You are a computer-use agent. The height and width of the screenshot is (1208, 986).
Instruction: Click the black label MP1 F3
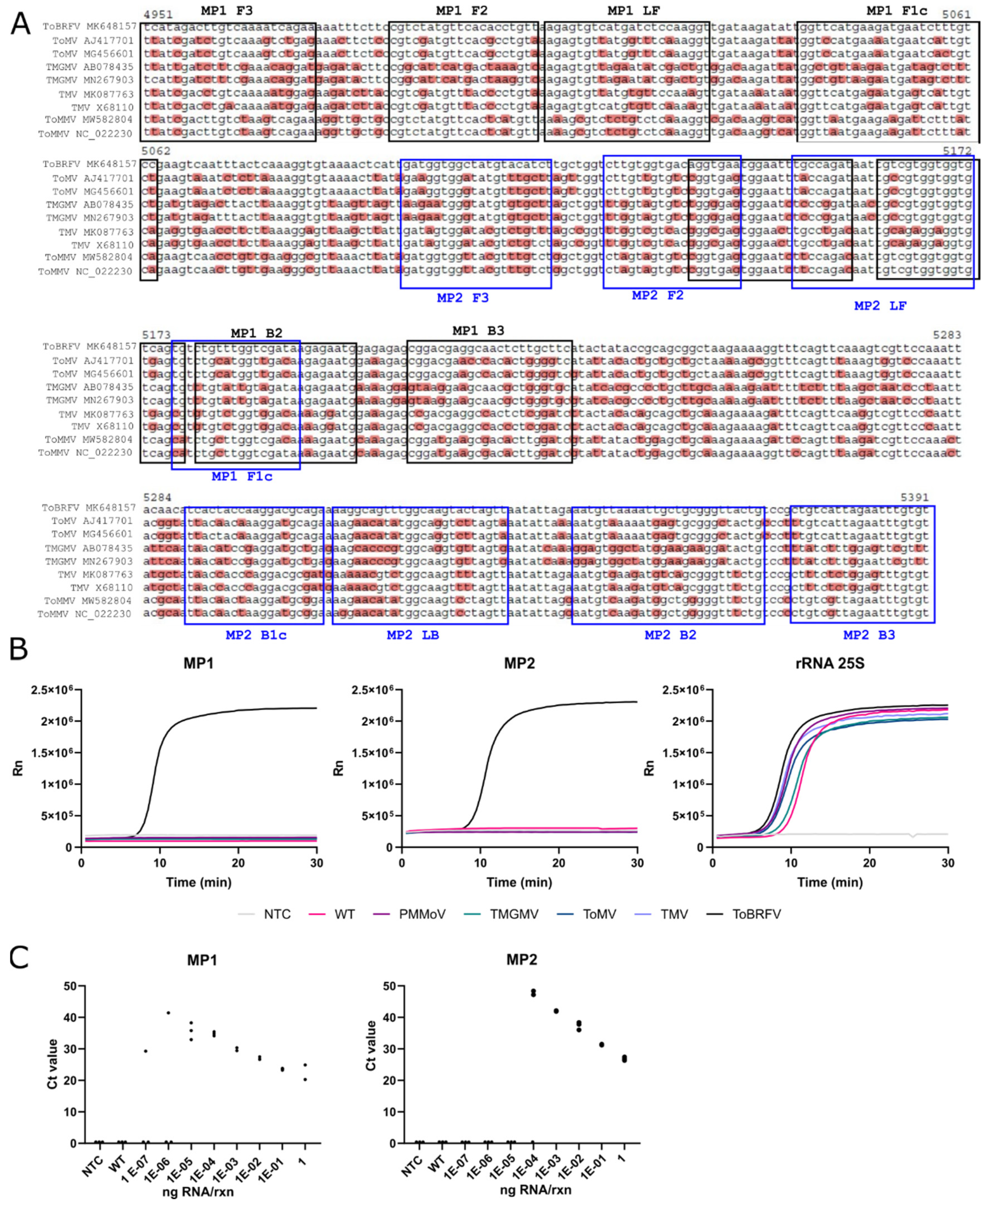[226, 11]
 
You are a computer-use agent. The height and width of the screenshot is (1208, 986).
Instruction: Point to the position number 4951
[158, 15]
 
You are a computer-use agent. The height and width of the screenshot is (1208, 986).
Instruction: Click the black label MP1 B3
[478, 330]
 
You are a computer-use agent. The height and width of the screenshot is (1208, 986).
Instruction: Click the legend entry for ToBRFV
[756, 914]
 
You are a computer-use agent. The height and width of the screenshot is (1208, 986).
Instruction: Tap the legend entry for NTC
[277, 914]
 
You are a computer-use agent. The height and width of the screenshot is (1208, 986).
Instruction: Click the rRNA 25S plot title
[829, 663]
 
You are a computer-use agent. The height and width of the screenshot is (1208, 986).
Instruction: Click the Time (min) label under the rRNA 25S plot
[829, 882]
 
